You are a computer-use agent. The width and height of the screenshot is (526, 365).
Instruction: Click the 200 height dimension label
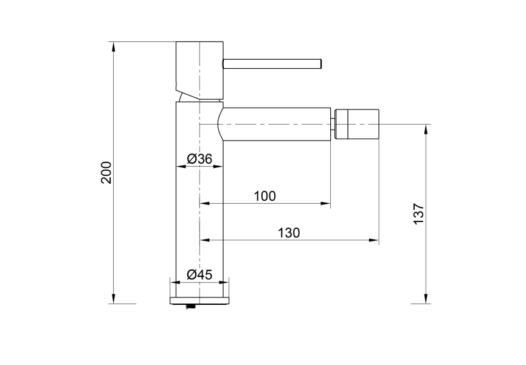coord(106,173)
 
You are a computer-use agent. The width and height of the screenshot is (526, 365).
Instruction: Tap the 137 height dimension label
coord(419,214)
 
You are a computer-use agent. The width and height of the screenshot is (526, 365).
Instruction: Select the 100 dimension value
coord(265,196)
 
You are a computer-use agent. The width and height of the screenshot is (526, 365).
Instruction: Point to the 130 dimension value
coord(289,232)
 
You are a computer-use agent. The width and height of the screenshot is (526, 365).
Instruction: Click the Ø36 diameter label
coord(199,159)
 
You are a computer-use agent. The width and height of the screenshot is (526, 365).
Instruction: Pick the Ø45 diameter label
coord(199,274)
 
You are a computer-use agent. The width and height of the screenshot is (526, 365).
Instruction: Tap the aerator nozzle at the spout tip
coord(357,124)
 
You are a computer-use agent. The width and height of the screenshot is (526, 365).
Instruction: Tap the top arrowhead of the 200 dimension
coord(113,46)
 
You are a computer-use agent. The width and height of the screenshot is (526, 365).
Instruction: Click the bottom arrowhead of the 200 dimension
coord(113,299)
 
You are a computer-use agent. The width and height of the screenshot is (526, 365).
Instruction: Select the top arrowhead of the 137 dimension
coord(426,128)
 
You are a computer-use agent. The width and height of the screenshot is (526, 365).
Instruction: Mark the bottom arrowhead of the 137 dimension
coord(426,299)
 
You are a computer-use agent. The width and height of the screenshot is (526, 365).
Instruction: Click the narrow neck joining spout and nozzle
coord(334,124)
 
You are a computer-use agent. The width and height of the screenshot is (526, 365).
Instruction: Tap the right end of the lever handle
coord(319,63)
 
